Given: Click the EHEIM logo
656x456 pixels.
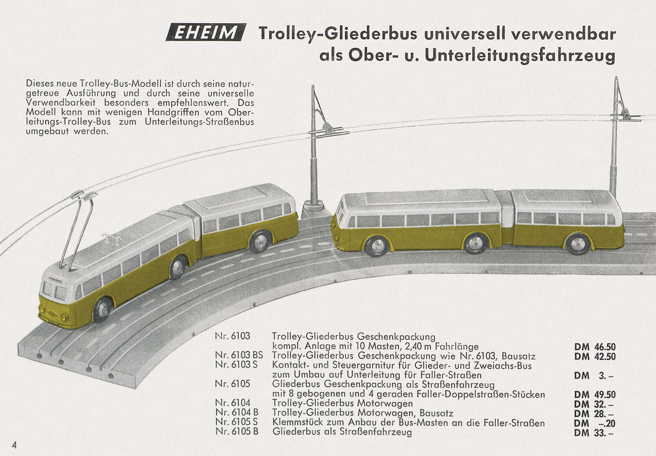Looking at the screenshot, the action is pos(206,32).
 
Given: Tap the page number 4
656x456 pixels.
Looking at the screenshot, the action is pos(14,445).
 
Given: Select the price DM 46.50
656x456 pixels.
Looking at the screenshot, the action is pos(595,347).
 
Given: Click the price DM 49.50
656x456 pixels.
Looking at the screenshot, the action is pos(595,394).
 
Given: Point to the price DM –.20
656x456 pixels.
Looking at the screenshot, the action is pos(595,423).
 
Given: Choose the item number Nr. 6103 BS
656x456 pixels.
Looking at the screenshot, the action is pos(239,355).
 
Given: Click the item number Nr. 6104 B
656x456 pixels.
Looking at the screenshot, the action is pos(237,412).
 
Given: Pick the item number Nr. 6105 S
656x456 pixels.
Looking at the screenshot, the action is pos(237,422).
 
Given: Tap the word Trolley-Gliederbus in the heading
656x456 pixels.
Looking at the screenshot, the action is pos(338,34).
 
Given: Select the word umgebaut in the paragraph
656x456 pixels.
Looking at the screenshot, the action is pos(47,131).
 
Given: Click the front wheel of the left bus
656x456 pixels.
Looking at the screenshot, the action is pos(103,309).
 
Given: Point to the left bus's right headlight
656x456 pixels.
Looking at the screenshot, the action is pos(64,317).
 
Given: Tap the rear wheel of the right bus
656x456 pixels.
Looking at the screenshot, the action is pos(578,244).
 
